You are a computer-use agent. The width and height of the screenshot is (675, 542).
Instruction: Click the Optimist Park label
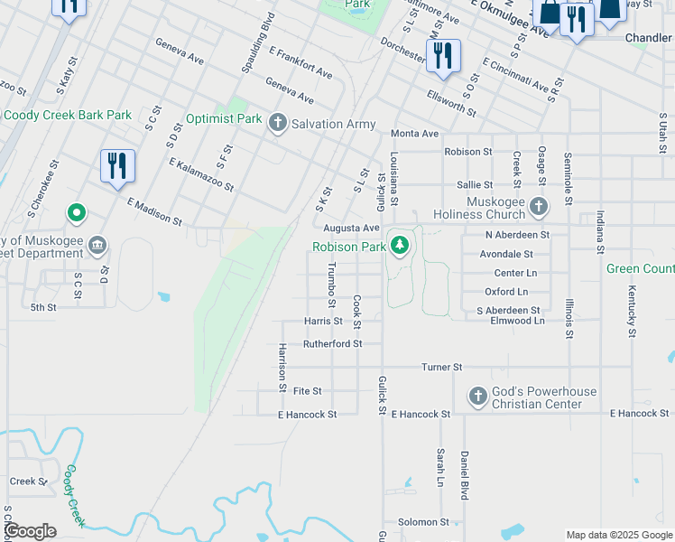coord(224,119)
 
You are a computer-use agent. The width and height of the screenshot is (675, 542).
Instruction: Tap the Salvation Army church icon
coord(277,123)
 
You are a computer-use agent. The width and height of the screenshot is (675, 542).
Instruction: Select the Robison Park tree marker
coord(399,246)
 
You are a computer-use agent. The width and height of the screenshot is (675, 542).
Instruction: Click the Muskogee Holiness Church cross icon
coord(539,207)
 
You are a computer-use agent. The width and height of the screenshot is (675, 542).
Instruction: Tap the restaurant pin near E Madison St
coord(117,167)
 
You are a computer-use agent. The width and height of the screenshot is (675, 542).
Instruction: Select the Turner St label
coord(442,368)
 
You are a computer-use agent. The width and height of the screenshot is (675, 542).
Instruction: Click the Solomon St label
coord(423,522)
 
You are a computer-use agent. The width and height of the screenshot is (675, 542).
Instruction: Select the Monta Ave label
coord(414,134)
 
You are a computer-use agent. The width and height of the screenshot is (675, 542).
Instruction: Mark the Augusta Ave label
coord(351,229)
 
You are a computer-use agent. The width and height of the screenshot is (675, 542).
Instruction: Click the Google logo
coord(31,531)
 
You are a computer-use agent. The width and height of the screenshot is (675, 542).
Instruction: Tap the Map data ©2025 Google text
coord(619,535)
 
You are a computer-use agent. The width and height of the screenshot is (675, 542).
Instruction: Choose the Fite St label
coord(307,391)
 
